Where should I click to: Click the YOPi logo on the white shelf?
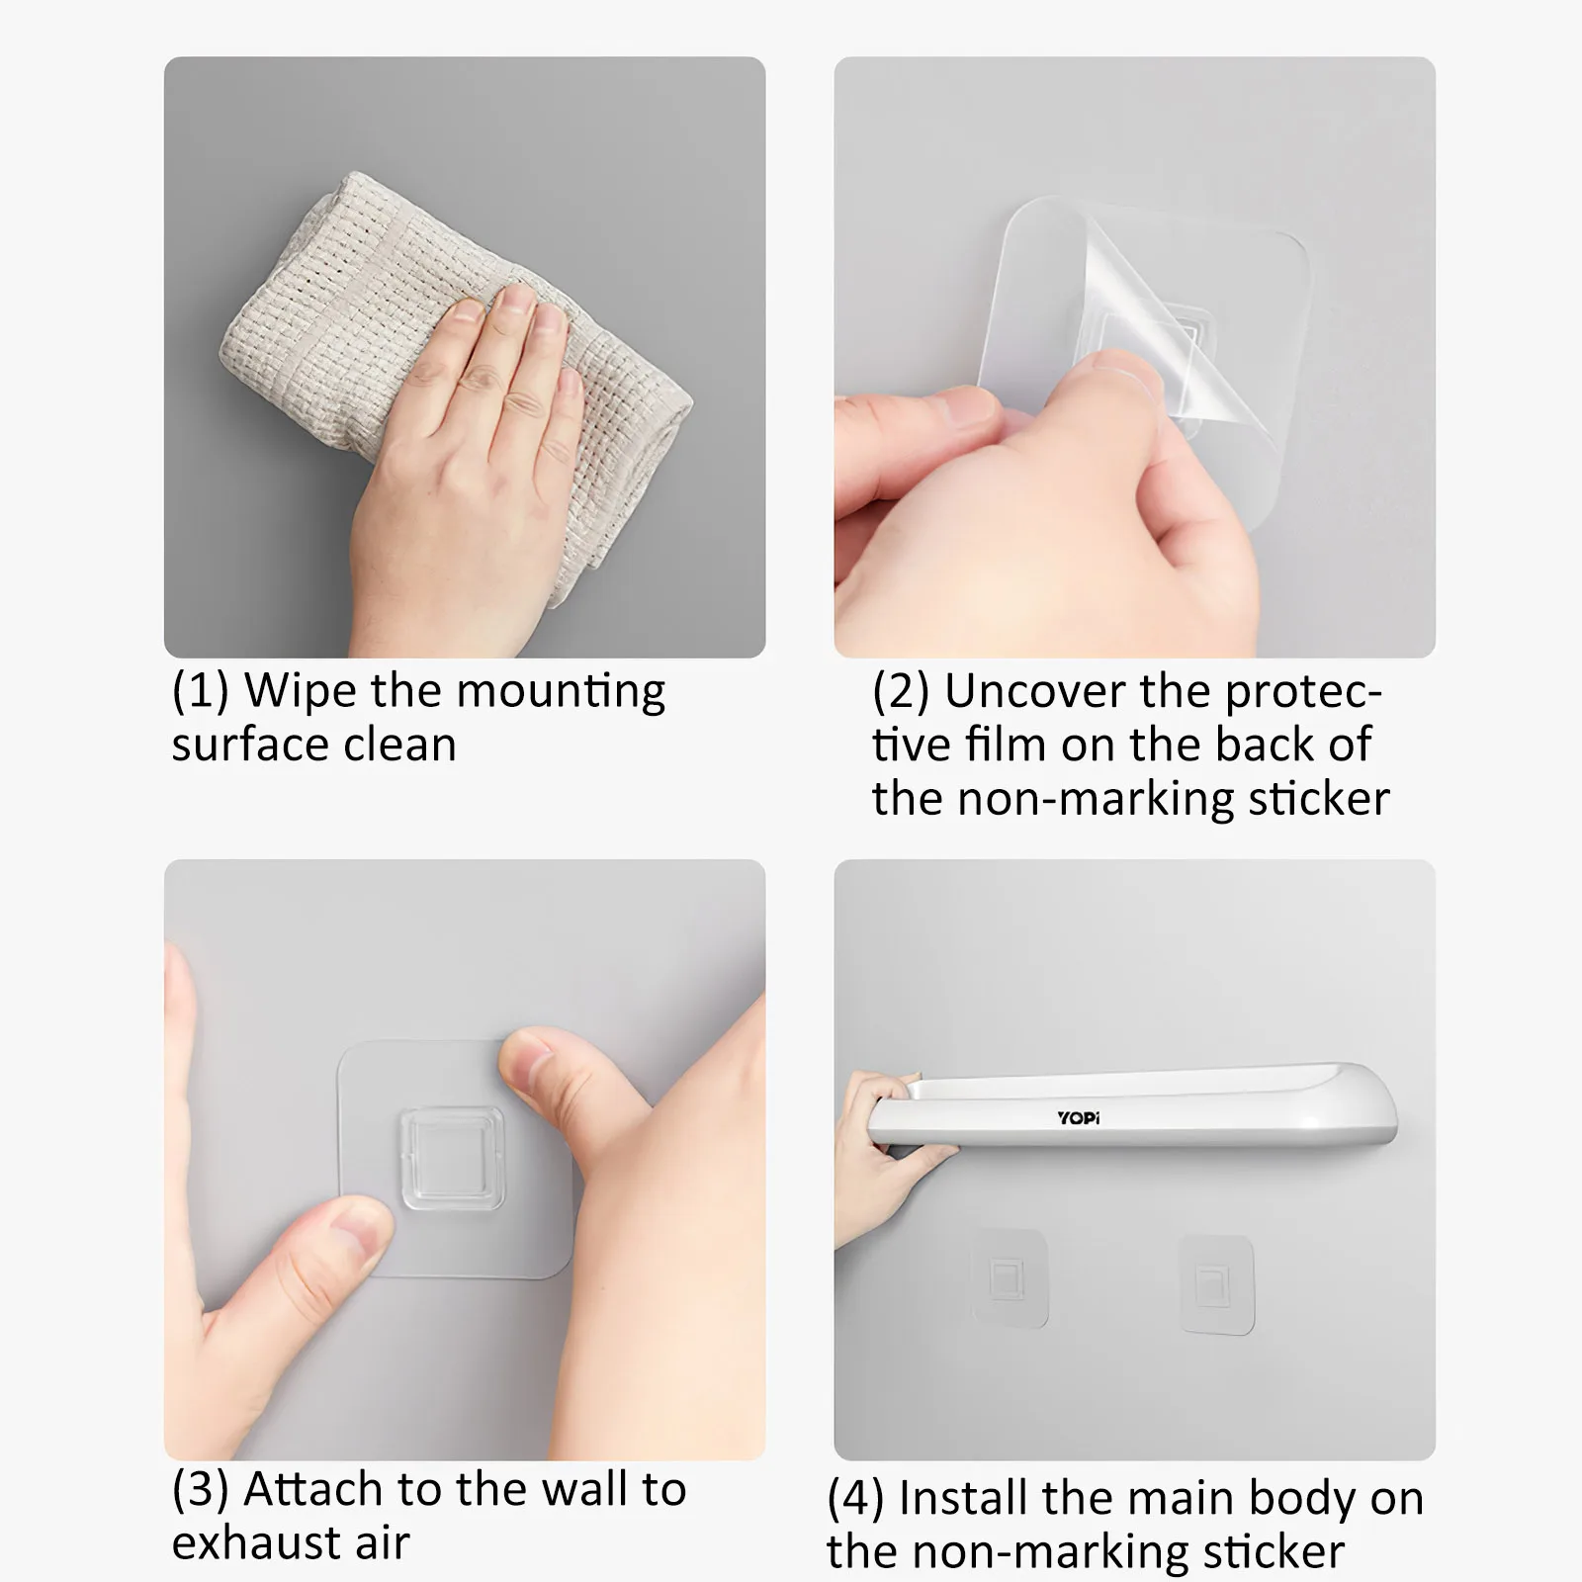(x=1078, y=1118)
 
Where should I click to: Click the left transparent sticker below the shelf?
(x=1010, y=1277)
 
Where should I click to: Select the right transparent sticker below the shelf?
(x=1216, y=1283)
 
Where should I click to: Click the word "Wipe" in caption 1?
(x=302, y=690)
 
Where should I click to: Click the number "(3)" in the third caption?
(x=201, y=1489)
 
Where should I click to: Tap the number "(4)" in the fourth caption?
(x=856, y=1500)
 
